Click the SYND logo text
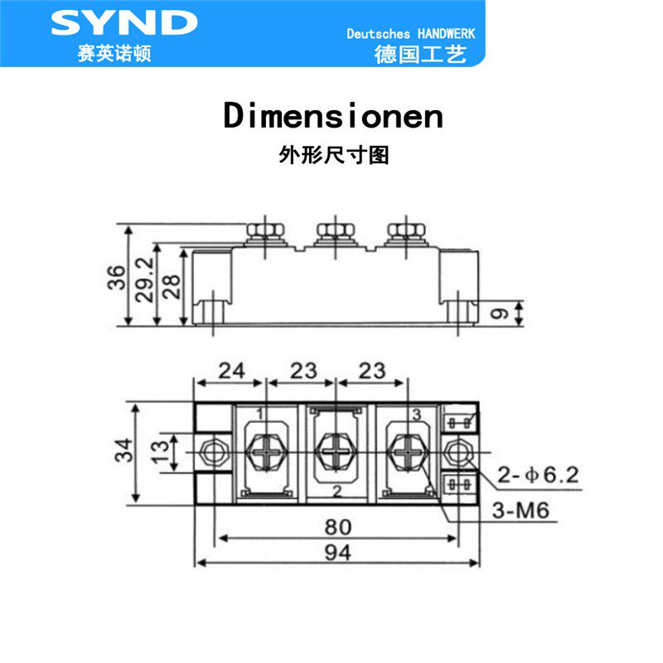(x=123, y=22)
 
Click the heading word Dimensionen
(x=333, y=115)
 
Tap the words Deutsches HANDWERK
(x=410, y=34)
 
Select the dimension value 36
(x=117, y=278)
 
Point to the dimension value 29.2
(x=144, y=279)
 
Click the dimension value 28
(x=172, y=287)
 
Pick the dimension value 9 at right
(x=500, y=314)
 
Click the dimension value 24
(x=231, y=370)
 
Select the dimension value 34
(x=123, y=450)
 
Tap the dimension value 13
(x=160, y=452)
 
